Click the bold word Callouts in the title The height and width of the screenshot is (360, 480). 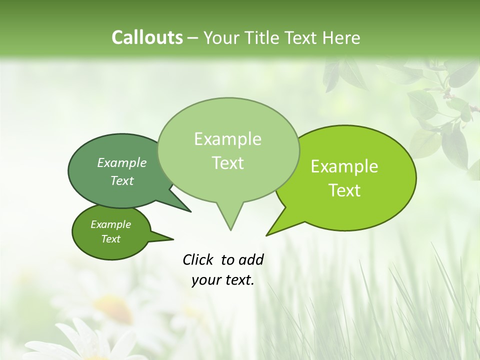click(147, 37)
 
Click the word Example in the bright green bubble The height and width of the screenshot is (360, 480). click(344, 166)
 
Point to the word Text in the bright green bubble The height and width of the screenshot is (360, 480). click(344, 190)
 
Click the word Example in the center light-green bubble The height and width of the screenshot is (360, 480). click(227, 139)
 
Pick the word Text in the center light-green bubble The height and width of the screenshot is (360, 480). click(227, 163)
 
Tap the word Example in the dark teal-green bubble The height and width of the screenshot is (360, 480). click(122, 162)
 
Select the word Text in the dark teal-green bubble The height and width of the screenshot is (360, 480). click(122, 180)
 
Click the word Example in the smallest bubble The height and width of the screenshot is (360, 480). click(111, 224)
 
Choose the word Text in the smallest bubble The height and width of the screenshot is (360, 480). click(111, 239)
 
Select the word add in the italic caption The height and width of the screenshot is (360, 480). click(250, 259)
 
